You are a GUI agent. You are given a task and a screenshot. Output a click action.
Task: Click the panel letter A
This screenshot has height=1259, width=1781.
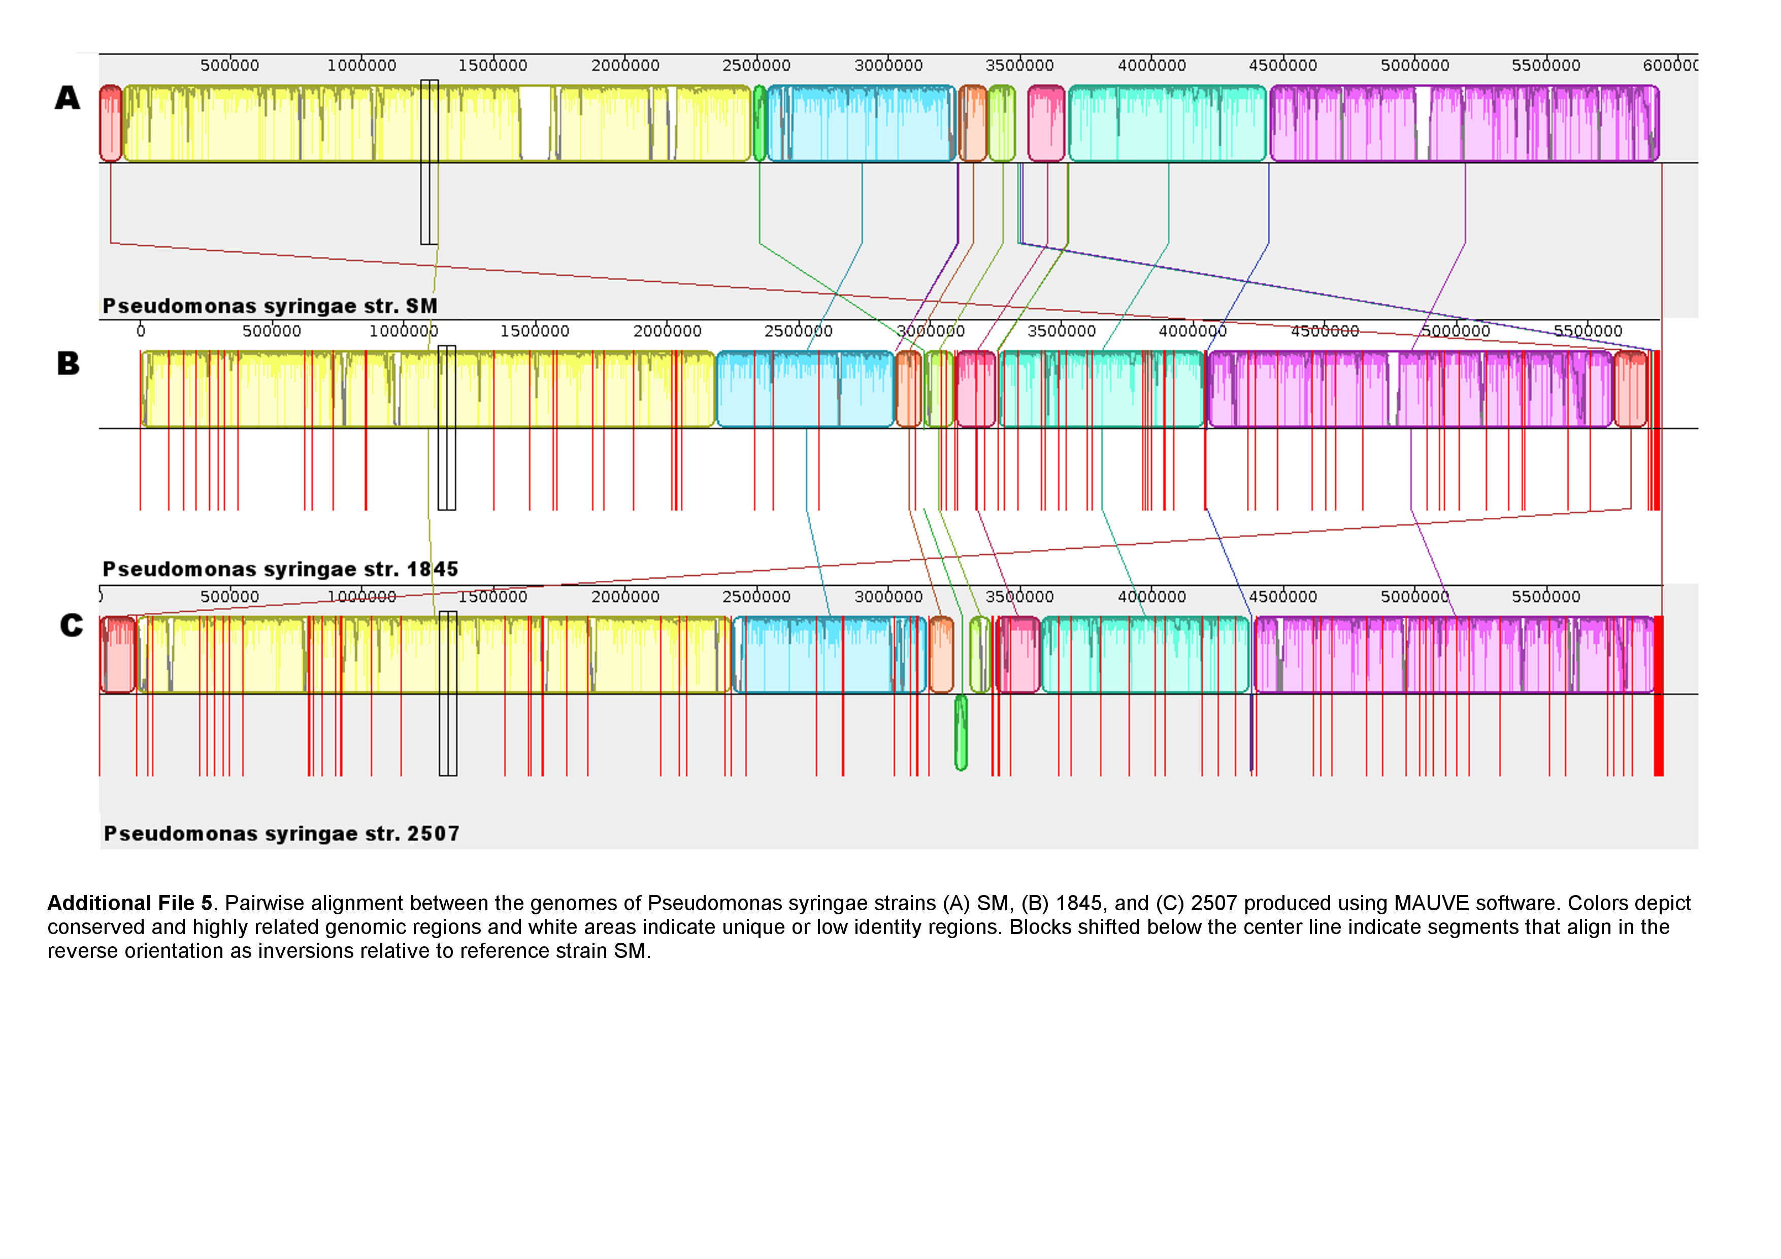pos(68,98)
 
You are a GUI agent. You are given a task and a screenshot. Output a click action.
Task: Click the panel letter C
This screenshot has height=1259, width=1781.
pos(72,625)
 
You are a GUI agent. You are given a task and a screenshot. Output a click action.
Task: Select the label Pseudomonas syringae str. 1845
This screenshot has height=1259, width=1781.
pos(280,570)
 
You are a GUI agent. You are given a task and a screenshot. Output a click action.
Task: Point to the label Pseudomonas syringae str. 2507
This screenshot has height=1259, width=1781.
pos(282,834)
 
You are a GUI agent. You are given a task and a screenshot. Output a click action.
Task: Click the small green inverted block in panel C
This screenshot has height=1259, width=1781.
pos(961,732)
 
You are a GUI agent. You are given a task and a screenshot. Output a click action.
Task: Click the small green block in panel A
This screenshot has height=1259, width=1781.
pos(760,123)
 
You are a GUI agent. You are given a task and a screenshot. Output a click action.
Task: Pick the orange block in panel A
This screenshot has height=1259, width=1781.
pos(973,123)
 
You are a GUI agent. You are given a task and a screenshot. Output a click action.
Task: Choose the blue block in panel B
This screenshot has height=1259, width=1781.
pos(805,389)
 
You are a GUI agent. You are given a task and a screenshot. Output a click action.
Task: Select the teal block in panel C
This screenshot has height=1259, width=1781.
pos(1145,654)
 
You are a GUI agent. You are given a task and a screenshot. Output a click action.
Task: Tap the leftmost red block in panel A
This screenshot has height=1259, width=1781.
pos(111,123)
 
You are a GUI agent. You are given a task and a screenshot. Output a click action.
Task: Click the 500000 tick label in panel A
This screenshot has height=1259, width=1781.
pos(229,65)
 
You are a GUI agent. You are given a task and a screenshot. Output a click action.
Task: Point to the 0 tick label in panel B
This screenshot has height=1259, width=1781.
pos(141,331)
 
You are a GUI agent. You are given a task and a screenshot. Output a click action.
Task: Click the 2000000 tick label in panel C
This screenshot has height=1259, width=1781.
pos(625,597)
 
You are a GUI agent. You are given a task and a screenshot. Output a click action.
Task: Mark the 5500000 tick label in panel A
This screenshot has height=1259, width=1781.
pos(1546,65)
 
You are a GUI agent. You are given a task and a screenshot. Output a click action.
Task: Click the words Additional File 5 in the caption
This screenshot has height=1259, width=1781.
pos(129,903)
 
